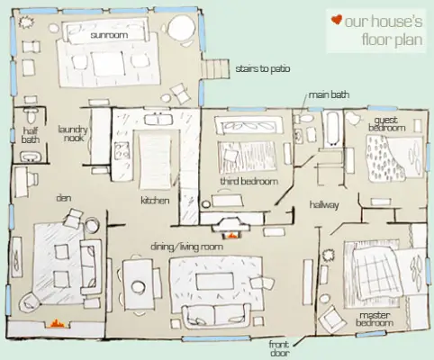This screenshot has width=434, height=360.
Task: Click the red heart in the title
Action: pos(337,20)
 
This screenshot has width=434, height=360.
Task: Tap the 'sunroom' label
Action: pos(109,35)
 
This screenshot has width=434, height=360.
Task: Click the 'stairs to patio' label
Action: pos(263,68)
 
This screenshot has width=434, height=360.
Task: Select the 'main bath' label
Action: pos(329,94)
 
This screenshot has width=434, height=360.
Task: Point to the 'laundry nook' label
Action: pos(73,134)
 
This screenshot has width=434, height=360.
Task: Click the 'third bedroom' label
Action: pos(249,181)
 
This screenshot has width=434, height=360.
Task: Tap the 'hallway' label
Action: pos(324,205)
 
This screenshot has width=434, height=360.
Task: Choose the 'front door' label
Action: pos(279,348)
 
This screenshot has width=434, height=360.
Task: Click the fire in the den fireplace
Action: pos(56,324)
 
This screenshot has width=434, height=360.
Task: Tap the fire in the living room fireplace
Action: pos(231,236)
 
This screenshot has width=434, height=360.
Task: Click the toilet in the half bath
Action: pos(31,114)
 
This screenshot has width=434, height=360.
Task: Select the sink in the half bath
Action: pos(31,157)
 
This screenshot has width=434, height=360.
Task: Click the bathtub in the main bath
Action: pos(333,129)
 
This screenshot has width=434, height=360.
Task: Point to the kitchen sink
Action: pos(158,119)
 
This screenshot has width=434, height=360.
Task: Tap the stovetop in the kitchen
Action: pos(122,150)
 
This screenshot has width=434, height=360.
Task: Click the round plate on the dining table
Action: pos(138,286)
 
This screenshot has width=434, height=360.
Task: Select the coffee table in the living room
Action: pos(214,281)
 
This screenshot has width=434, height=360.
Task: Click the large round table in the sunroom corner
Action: pos(181,27)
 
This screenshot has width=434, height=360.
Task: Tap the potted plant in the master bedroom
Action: pos(328,256)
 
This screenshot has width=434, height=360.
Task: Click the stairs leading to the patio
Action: pos(217,69)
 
